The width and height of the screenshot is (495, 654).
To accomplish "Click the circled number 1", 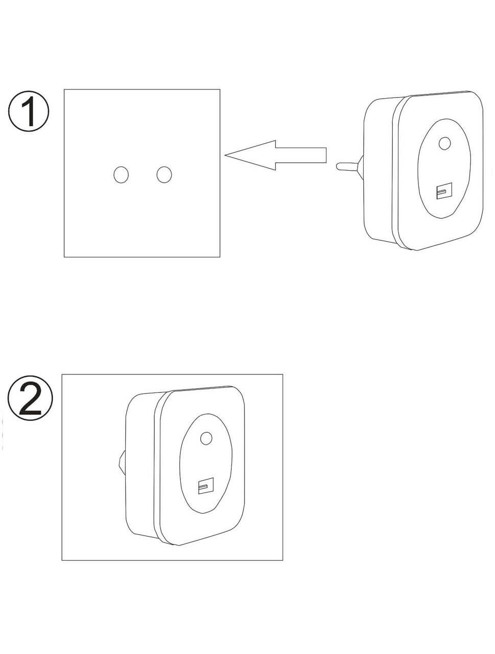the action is click(x=28, y=111).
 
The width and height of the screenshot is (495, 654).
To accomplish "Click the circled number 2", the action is click(x=30, y=398).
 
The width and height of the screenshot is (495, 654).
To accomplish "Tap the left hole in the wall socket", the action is click(x=121, y=175).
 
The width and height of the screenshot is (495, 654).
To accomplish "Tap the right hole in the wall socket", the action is click(x=164, y=175).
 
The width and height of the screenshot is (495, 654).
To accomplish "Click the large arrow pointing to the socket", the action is click(x=275, y=155).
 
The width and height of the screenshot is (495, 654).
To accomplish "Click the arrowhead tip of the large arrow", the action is click(x=225, y=155).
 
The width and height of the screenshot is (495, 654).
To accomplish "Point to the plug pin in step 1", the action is click(x=347, y=167).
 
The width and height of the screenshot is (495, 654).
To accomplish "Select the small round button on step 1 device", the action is click(x=444, y=144).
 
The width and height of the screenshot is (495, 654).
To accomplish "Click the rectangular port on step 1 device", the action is click(x=444, y=191).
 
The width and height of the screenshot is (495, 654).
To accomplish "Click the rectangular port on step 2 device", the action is click(x=206, y=486).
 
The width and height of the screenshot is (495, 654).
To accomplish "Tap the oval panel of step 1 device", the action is click(x=444, y=168).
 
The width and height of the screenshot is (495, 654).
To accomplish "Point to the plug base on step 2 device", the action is click(x=122, y=465).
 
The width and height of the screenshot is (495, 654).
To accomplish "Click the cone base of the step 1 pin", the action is click(x=361, y=168).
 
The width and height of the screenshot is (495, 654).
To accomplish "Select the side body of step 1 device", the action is click(x=378, y=170).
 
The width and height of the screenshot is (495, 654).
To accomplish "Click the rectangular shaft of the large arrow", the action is click(x=301, y=155).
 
